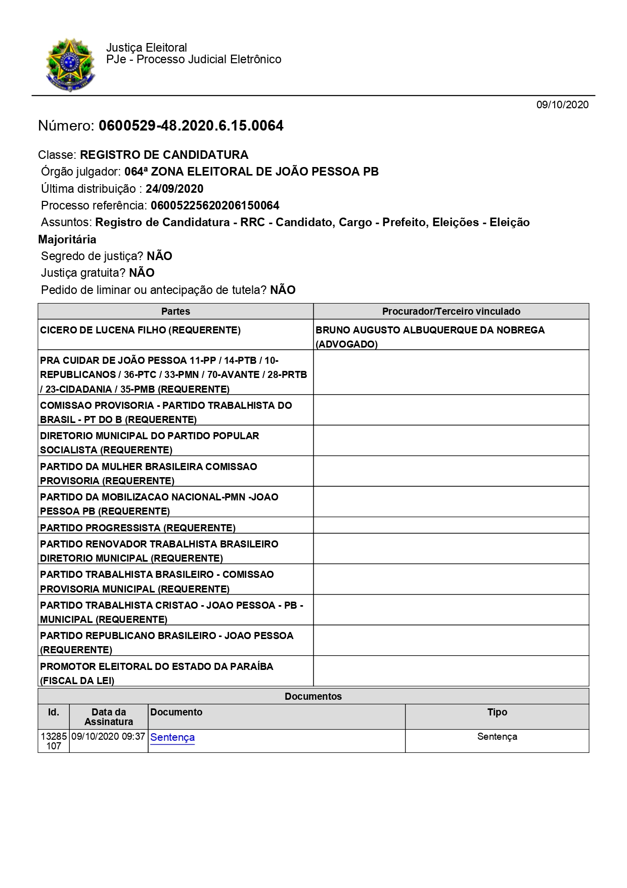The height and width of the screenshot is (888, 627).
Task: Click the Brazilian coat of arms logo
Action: click(x=70, y=65)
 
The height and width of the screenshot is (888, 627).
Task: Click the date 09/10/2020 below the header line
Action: click(x=562, y=105)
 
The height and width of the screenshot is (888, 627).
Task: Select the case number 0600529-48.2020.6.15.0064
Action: click(x=191, y=126)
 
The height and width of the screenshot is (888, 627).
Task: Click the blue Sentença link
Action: click(x=172, y=737)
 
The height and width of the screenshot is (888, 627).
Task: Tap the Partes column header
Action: click(x=175, y=311)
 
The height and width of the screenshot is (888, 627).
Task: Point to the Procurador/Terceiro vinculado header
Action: click(x=451, y=311)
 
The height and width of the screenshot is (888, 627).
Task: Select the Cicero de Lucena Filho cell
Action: click(x=140, y=330)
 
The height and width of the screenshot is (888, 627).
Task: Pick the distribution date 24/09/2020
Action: click(x=174, y=189)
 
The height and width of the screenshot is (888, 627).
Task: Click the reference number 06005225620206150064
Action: click(x=215, y=205)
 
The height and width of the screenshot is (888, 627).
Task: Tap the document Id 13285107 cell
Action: click(x=54, y=741)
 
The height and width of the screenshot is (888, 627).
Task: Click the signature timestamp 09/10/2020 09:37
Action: click(x=108, y=737)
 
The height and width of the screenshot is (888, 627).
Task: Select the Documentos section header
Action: click(x=313, y=696)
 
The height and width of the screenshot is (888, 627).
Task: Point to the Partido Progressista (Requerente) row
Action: click(x=138, y=528)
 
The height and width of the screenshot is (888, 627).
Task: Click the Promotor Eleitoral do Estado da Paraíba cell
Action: click(x=156, y=673)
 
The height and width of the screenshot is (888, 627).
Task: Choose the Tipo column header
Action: click(x=497, y=712)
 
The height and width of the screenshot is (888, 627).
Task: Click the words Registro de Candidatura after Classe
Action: click(x=164, y=155)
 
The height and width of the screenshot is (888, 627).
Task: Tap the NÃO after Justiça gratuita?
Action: click(x=142, y=273)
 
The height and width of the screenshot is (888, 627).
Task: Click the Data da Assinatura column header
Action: click(x=109, y=716)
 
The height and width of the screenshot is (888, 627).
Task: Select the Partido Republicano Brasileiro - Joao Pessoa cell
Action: click(x=166, y=642)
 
